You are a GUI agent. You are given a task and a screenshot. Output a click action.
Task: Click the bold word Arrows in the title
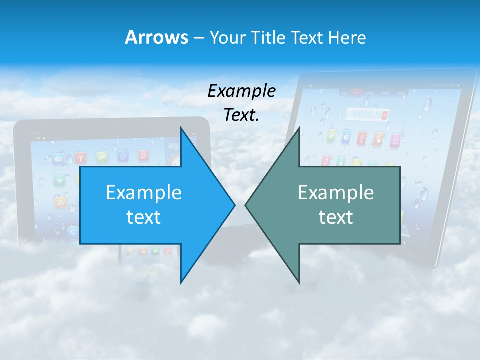156,37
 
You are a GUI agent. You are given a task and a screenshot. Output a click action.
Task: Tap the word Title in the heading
269,37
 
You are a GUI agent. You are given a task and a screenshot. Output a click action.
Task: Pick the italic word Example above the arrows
241,91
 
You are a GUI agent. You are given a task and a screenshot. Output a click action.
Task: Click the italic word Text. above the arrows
241,115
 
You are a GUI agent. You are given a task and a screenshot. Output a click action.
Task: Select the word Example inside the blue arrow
144,192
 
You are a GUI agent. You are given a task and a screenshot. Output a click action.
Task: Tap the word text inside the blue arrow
144,217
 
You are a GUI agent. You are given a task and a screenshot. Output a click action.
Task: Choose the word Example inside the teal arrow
336,192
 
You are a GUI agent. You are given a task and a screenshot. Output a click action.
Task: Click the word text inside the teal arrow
336,217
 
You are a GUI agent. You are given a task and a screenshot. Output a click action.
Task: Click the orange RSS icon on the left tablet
60,202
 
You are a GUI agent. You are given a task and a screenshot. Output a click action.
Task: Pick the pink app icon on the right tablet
395,140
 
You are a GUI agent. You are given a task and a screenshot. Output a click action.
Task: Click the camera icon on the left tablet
58,159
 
